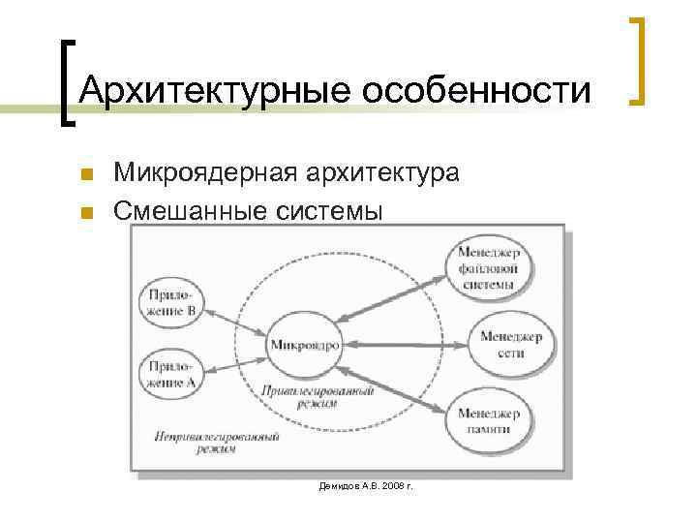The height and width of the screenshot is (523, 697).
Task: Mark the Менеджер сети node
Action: (x=511, y=344)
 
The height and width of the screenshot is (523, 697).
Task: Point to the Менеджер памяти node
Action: (x=490, y=420)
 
